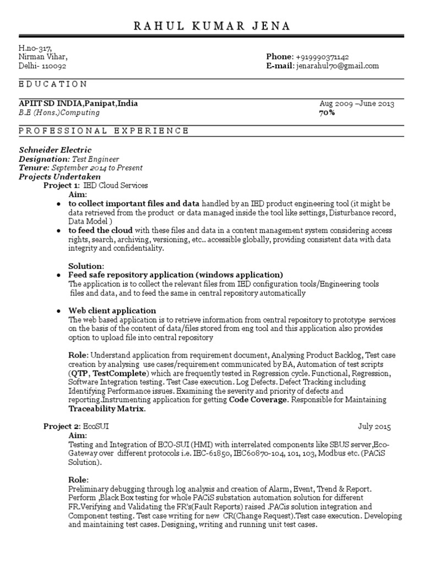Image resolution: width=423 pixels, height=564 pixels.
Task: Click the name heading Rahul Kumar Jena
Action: coord(211,26)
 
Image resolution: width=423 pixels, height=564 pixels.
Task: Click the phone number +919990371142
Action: coord(322,57)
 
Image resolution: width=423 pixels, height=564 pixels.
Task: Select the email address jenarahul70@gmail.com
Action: coord(337,66)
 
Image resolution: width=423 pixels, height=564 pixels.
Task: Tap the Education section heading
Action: coord(53,84)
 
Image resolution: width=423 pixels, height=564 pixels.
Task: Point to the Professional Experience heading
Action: coord(104,131)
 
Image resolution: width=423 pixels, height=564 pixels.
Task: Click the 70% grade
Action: coord(327,112)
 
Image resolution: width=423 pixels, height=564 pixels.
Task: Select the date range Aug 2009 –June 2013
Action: coord(357,104)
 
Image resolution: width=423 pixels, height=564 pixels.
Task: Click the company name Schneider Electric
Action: coord(55,150)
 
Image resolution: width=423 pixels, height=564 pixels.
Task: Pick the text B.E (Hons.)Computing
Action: coord(59,112)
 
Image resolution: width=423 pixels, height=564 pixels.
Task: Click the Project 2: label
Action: coord(62,427)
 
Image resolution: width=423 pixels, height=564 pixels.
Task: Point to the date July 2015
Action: coord(375,427)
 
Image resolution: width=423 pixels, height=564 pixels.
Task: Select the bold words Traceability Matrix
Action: coord(106,409)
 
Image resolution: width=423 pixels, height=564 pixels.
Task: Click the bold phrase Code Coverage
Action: coord(258,400)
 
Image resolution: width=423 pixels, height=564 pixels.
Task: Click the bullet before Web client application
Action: coord(58,311)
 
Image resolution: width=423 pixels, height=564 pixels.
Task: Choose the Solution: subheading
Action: coord(86,266)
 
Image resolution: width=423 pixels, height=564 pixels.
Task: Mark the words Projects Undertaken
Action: coord(60,177)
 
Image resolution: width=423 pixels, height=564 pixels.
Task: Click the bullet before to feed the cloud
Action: coord(58,230)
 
